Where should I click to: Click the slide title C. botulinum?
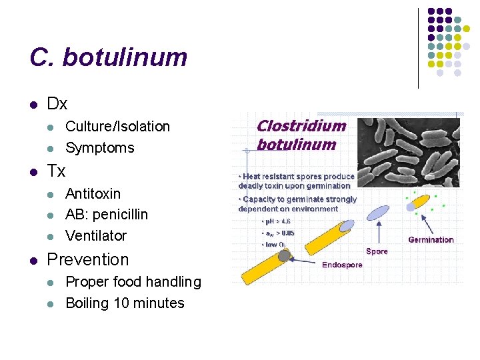pyautogui.click(x=108, y=58)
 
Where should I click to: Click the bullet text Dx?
pyautogui.click(x=57, y=104)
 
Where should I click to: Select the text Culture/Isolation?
pyautogui.click(x=117, y=127)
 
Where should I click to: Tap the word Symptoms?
pyautogui.click(x=100, y=148)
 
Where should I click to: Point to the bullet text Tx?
pyautogui.click(x=56, y=171)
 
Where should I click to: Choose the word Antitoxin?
pyautogui.click(x=93, y=194)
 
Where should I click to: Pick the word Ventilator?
pyautogui.click(x=96, y=235)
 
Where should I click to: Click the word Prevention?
pyautogui.click(x=88, y=259)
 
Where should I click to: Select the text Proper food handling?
pyautogui.click(x=133, y=282)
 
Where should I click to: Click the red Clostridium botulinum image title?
pyautogui.click(x=301, y=135)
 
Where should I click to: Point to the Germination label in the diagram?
pyautogui.click(x=431, y=240)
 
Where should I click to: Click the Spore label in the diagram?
pyautogui.click(x=377, y=251)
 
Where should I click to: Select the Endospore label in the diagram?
pyautogui.click(x=342, y=265)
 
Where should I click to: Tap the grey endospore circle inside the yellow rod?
pyautogui.click(x=285, y=255)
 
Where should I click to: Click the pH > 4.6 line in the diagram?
pyautogui.click(x=276, y=221)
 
